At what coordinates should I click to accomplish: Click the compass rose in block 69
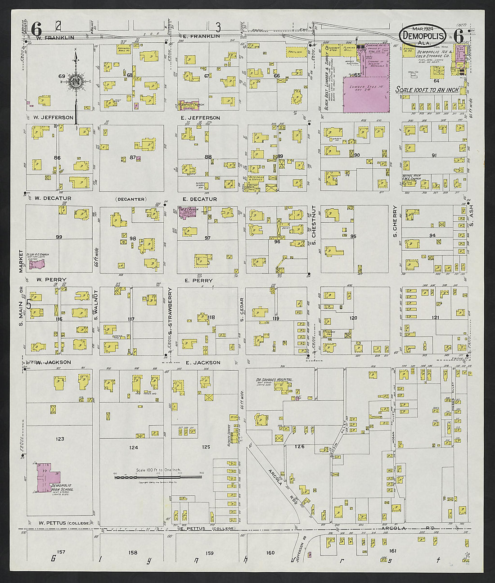click(x=76, y=81)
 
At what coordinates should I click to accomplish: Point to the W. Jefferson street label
click(x=53, y=117)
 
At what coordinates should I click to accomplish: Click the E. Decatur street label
click(x=199, y=199)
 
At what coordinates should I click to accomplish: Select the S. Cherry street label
click(x=395, y=222)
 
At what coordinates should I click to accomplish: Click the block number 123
click(x=59, y=439)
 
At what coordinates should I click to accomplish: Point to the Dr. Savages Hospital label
click(x=274, y=380)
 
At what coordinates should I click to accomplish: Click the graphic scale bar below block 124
click(x=158, y=477)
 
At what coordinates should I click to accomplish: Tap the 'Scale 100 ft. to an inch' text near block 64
click(x=427, y=90)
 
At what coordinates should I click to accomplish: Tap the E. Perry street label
click(x=198, y=280)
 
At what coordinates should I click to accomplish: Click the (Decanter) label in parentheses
click(x=130, y=199)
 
